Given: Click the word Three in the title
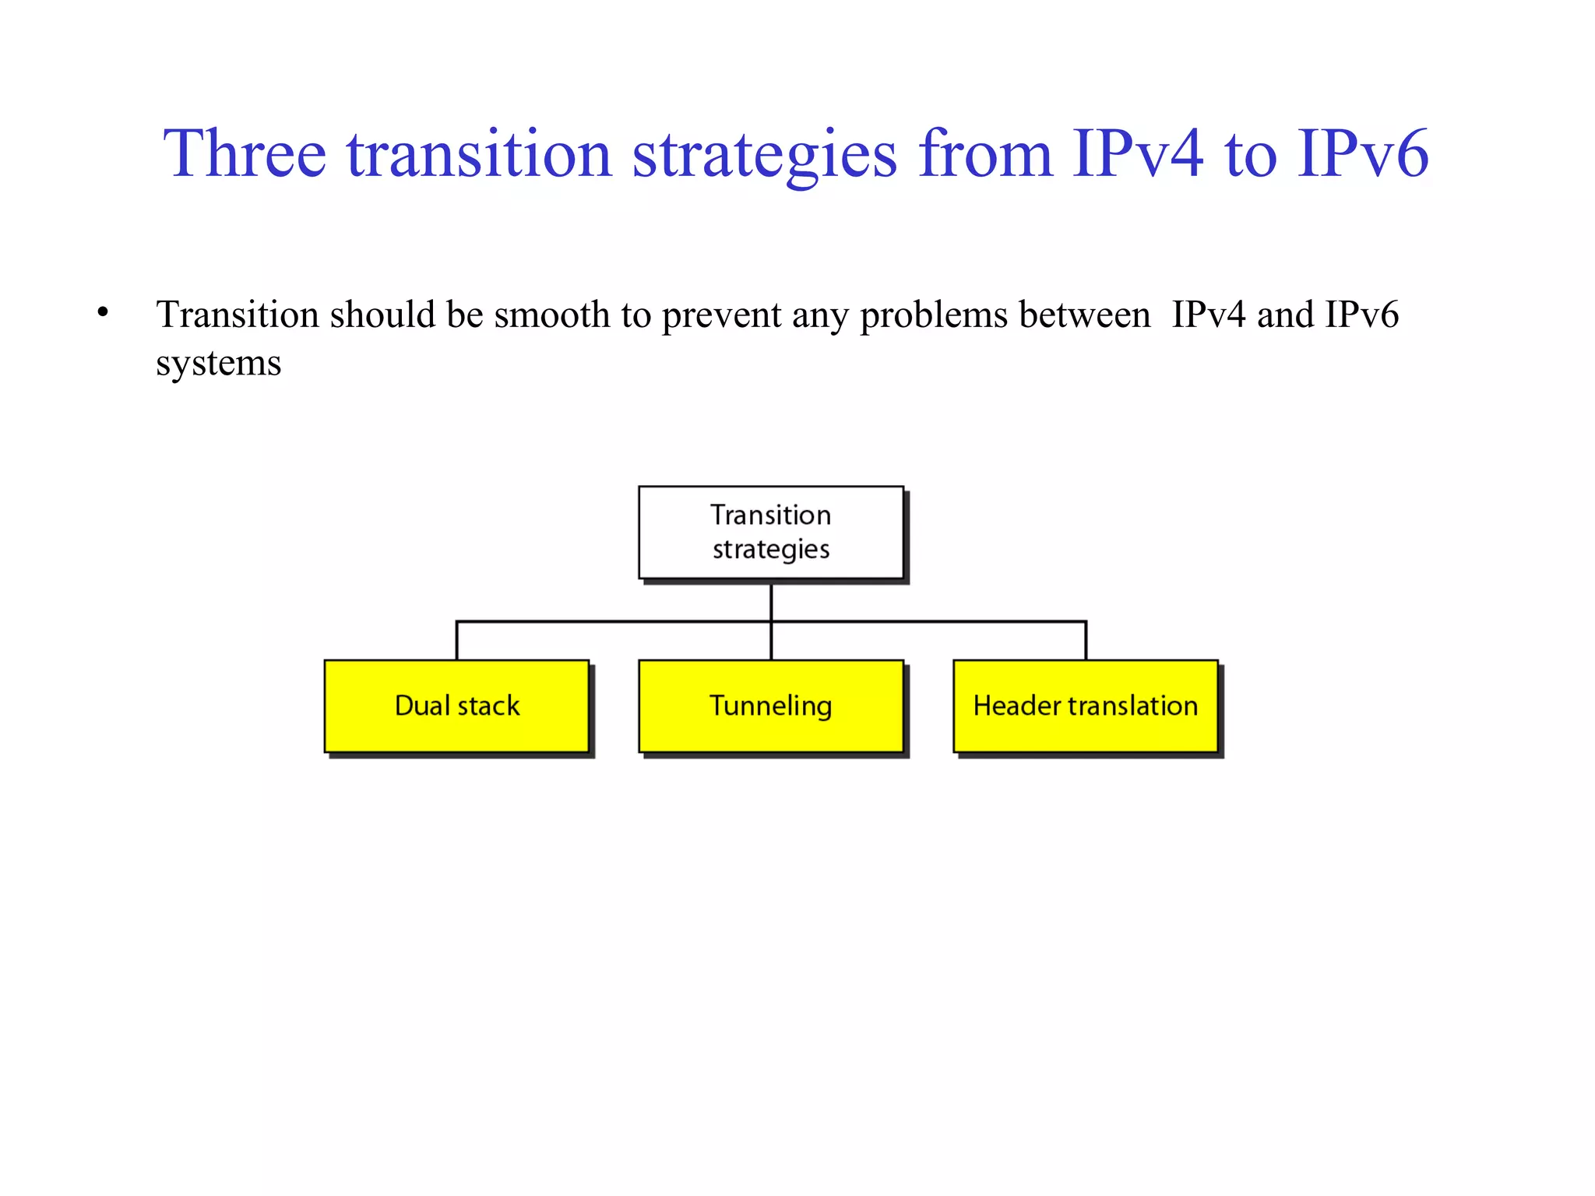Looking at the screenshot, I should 244,154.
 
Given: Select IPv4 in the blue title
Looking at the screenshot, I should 1138,154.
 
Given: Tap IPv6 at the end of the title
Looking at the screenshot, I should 1363,154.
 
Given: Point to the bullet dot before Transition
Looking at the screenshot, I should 103,313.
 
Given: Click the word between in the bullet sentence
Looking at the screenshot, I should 1084,315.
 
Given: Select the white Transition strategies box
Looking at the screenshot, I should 771,533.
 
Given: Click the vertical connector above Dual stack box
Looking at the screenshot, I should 456,640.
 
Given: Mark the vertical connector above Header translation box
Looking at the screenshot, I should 1086,640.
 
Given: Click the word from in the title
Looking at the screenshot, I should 984,154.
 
